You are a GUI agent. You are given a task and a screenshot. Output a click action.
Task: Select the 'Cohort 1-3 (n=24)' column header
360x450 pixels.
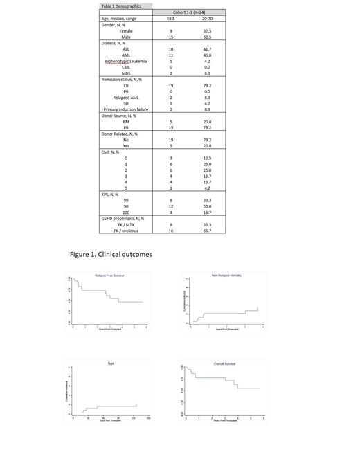189,12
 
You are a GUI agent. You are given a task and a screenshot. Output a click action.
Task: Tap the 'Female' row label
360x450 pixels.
126,31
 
